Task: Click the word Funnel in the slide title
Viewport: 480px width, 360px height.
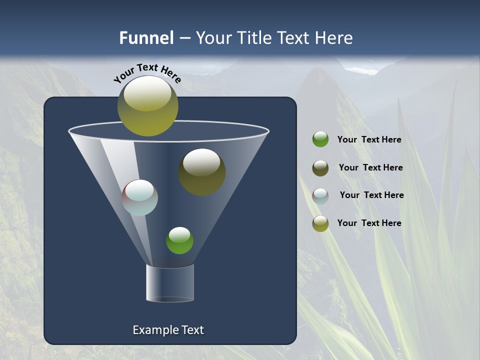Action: pos(146,38)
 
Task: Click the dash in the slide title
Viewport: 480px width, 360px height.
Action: pos(184,38)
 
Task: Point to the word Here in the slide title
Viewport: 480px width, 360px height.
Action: pos(332,38)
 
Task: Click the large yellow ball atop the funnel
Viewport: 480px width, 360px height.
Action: pos(148,106)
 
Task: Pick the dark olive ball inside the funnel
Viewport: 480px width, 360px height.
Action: pos(201,172)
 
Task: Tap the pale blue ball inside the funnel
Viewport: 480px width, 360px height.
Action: pos(139,197)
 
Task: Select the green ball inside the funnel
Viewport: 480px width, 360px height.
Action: pos(179,240)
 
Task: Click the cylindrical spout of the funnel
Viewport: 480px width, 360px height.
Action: pos(170,283)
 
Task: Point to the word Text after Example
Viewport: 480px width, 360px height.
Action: pos(191,330)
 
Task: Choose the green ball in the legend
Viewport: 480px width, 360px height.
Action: pos(320,139)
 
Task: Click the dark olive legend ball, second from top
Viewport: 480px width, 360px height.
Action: pos(320,168)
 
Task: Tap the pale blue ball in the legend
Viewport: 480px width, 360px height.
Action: pos(320,195)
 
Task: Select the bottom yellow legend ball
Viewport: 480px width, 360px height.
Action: pos(320,223)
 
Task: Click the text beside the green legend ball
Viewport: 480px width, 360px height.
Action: pos(369,140)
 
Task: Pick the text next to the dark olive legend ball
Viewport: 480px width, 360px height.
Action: pos(370,167)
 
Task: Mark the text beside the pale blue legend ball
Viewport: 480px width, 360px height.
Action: pos(371,195)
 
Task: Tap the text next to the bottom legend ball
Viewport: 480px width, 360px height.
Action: pos(369,223)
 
